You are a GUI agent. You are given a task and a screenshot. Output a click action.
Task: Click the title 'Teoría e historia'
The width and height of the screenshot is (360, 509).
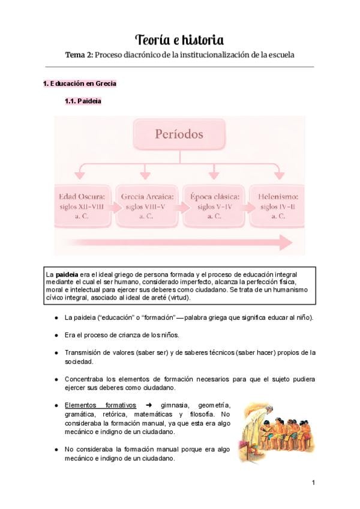(179, 40)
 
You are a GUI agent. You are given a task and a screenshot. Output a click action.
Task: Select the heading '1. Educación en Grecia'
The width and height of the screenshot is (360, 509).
(80, 83)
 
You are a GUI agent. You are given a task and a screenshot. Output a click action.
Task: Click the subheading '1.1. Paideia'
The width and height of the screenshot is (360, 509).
(83, 101)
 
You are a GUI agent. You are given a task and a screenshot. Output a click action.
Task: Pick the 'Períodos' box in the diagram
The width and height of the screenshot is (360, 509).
(179, 134)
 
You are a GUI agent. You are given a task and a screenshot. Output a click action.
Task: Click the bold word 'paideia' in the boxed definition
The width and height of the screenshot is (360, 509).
(67, 274)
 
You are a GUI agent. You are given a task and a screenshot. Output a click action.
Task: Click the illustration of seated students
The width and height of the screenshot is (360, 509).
(274, 428)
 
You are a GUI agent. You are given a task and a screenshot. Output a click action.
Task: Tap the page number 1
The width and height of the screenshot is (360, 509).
(313, 483)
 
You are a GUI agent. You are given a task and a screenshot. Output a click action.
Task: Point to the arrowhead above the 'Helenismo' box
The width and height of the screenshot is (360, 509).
(278, 175)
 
